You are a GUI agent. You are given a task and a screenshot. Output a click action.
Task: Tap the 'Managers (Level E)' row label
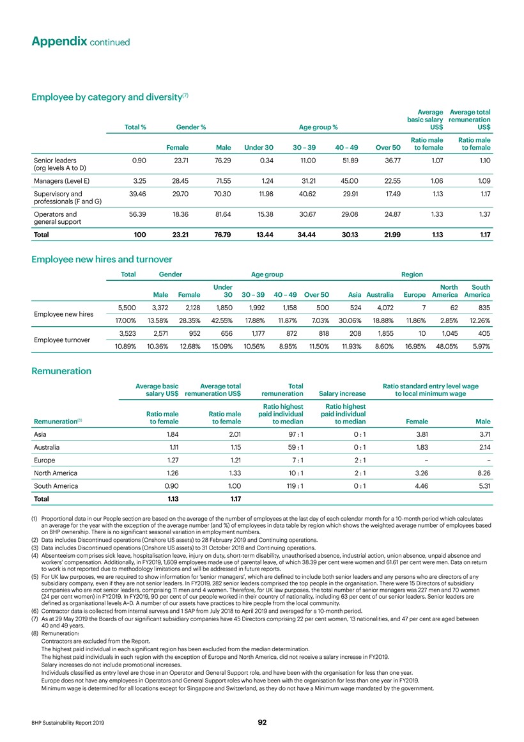click(61, 181)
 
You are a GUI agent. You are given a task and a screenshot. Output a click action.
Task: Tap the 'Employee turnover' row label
click(63, 340)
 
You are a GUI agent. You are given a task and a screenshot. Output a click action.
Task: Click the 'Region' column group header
click(412, 274)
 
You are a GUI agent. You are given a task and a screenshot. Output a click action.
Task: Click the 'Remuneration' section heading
click(61, 370)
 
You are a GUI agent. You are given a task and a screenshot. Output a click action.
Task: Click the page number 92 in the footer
click(262, 722)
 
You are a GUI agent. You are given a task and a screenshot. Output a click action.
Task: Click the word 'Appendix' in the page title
click(59, 41)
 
